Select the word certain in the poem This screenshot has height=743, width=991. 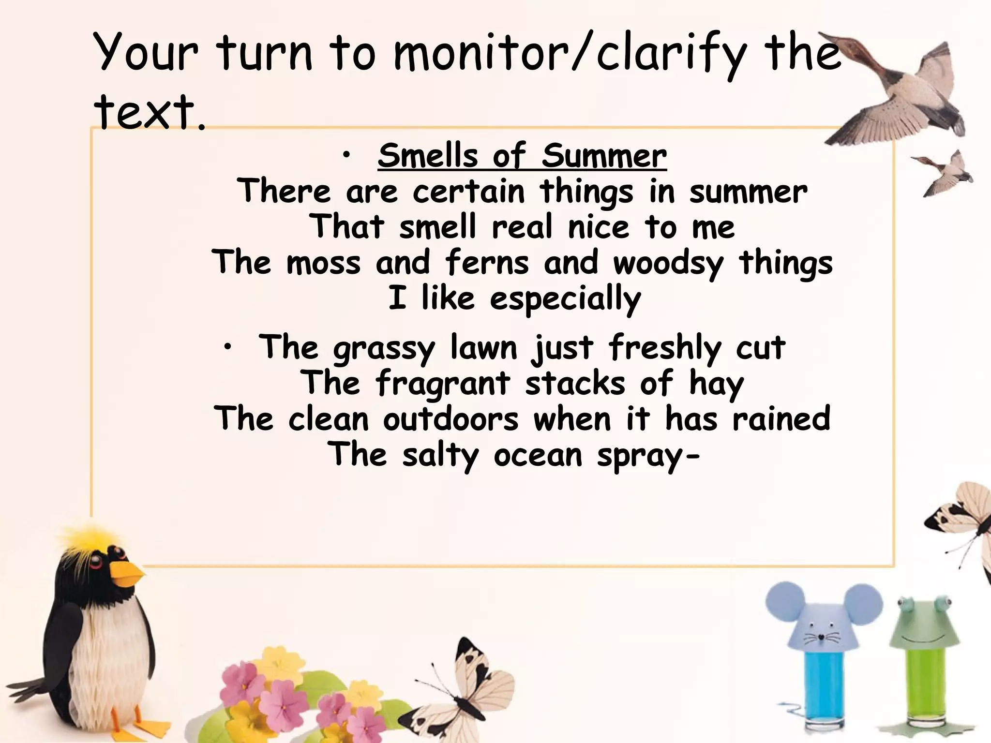pyautogui.click(x=468, y=192)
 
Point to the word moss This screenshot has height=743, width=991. pyautogui.click(x=323, y=263)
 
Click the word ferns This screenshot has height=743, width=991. pyautogui.click(x=486, y=263)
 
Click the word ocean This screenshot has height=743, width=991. pyautogui.click(x=538, y=455)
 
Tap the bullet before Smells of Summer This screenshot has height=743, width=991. pyautogui.click(x=345, y=155)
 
